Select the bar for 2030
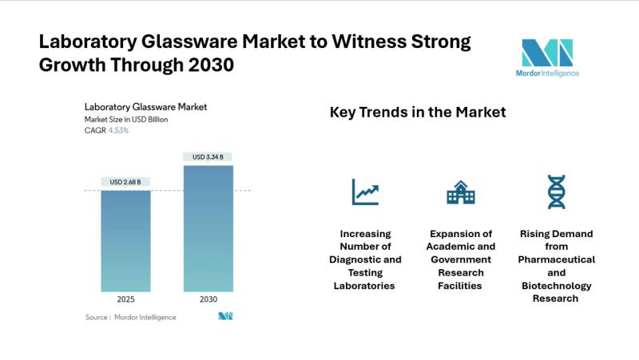(208, 231)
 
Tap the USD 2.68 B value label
(125, 182)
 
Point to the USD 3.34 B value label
(208, 156)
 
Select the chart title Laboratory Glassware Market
(140, 107)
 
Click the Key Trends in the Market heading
(418, 113)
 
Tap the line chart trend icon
(366, 192)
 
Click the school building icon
(460, 192)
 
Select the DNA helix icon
(555, 192)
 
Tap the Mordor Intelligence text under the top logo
(547, 73)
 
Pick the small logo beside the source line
(225, 317)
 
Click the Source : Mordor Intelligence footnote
(131, 317)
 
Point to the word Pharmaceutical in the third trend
(556, 259)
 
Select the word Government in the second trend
(460, 259)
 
